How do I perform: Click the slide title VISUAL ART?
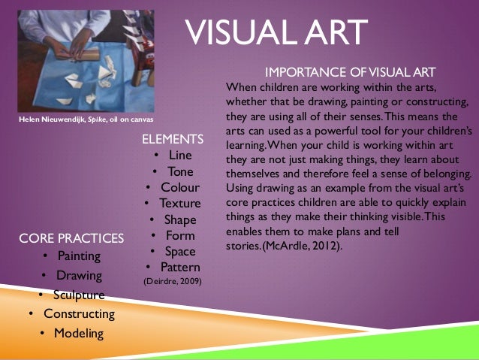276,32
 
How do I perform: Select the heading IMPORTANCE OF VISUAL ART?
351,72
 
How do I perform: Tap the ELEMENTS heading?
173,139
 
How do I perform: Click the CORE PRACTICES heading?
71,239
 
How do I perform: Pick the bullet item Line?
180,155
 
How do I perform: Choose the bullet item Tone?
180,171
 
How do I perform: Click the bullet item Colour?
180,187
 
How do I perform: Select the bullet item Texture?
180,203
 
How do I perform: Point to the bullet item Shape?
180,219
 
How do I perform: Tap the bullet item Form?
180,235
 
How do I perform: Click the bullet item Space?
180,251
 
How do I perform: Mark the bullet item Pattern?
180,267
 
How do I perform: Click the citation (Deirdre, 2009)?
172,282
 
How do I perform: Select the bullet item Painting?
79,256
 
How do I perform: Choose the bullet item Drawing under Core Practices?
79,275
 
